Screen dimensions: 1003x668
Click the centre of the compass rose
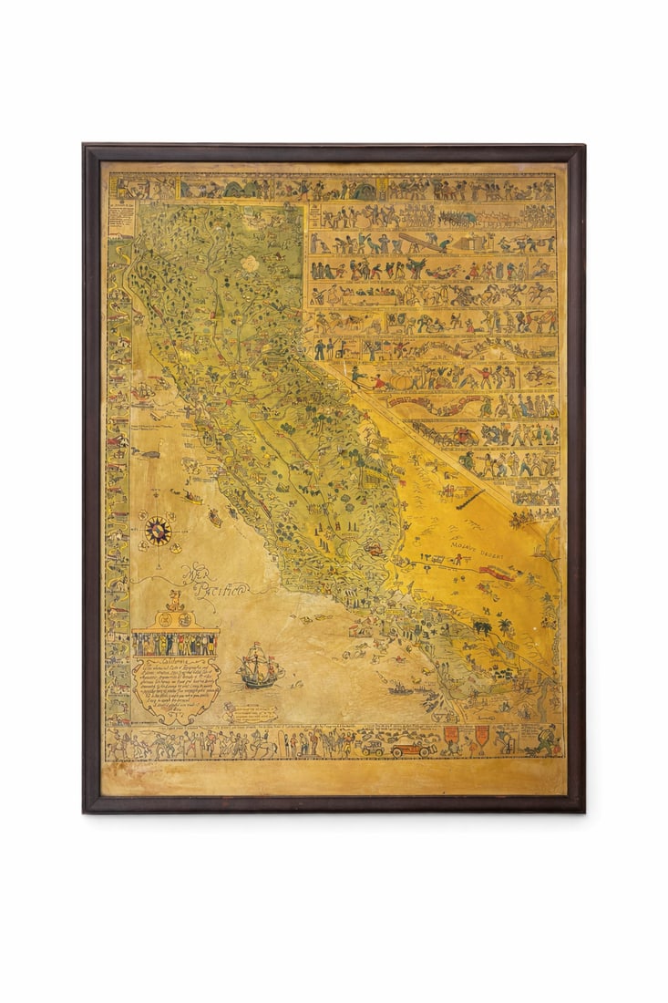tap(158, 530)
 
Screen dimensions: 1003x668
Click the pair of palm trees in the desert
tap(486, 627)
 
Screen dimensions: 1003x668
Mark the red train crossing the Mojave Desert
tap(499, 572)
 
